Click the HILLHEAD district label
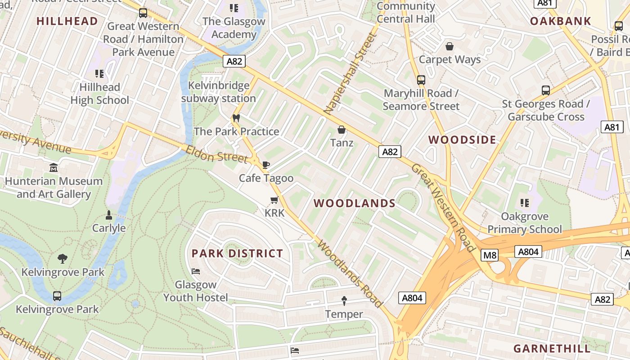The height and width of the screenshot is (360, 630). pos(67,21)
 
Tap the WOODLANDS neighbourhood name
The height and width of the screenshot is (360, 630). pos(355,203)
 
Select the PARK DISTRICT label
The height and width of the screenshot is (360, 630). pos(237,253)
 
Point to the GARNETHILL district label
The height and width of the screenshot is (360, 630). pos(552,349)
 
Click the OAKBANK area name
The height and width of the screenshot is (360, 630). pos(560,21)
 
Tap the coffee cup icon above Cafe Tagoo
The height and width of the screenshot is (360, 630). pos(266,165)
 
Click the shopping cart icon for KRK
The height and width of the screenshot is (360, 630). pos(274,200)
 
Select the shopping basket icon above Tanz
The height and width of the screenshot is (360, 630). pos(342,130)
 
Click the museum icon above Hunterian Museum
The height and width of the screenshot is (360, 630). pos(54,168)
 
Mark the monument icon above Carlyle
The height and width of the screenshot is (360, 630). pos(108,215)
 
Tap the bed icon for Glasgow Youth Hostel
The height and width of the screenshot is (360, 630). pos(196,271)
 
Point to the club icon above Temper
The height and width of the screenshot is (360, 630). pos(344,300)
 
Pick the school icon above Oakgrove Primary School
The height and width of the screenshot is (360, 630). pos(524,203)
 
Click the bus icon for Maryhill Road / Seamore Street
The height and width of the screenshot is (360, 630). pos(421,80)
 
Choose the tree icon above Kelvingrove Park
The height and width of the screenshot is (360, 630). pos(63,259)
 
